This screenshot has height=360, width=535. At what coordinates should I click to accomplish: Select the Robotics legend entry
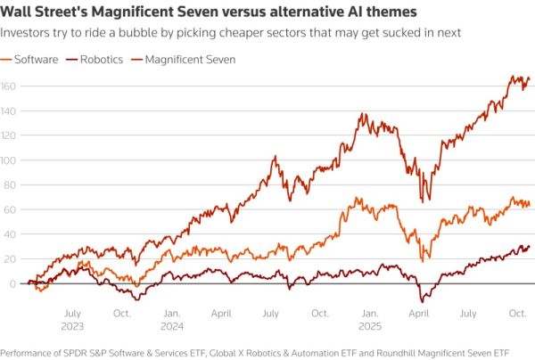click(100, 59)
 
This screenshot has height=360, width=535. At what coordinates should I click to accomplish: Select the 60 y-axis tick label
click(10, 209)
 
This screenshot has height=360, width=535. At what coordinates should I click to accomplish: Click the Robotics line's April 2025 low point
click(422, 302)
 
